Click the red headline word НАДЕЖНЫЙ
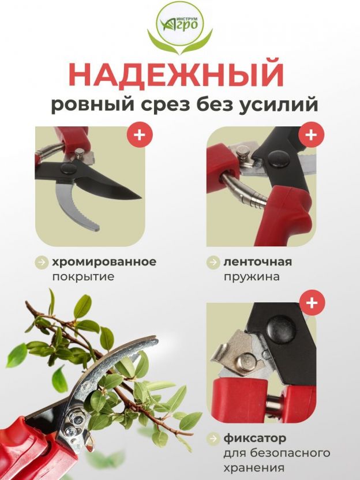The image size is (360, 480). point(177,74)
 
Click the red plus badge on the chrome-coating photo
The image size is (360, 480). point(140,134)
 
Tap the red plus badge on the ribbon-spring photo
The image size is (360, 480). point(311,134)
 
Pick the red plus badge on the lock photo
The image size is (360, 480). point(312,303)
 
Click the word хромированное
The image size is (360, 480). point(104,262)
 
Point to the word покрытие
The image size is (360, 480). point(83,277)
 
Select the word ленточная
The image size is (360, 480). point(257,262)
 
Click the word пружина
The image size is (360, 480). point(252,277)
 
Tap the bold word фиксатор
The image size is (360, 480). point(254,438)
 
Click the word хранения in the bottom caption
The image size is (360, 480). point(254,468)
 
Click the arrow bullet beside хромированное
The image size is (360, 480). point(42,262)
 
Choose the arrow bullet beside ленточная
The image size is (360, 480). point(213,262)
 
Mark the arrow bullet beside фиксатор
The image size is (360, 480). point(213,439)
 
